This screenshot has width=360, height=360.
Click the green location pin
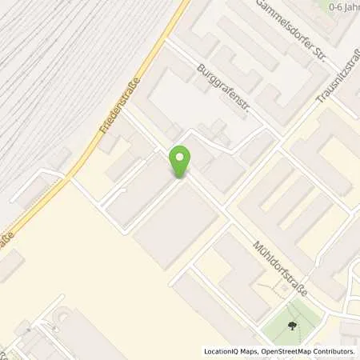pyautogui.click(x=181, y=162)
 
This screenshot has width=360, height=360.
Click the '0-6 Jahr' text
pyautogui.click(x=343, y=6)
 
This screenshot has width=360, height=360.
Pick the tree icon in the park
pyautogui.click(x=292, y=326)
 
